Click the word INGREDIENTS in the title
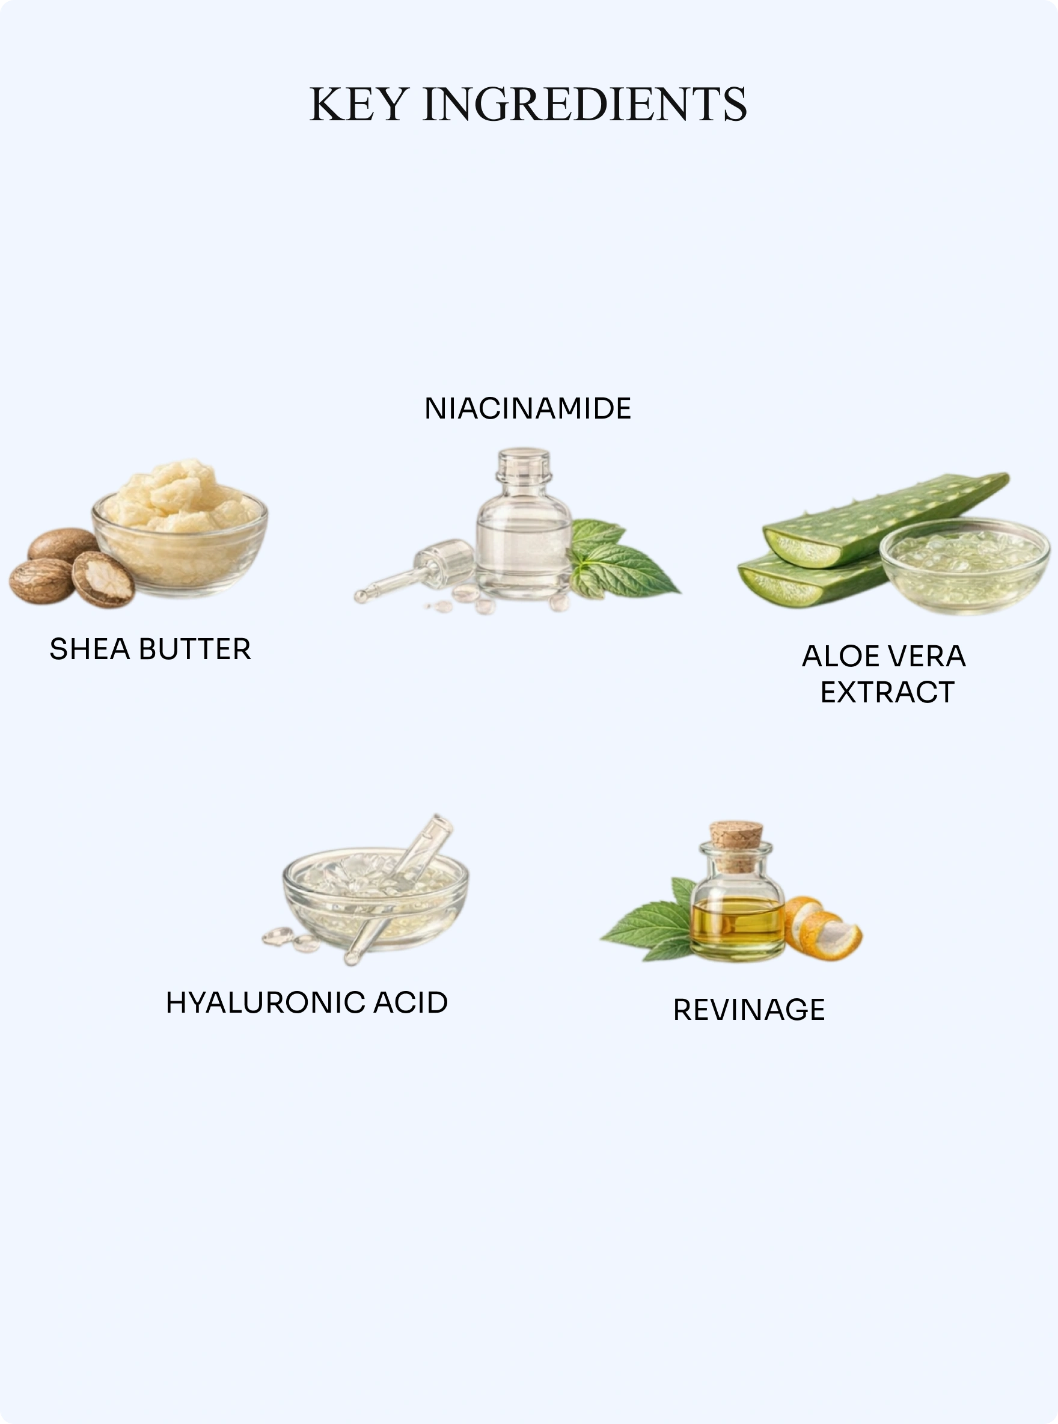[585, 104]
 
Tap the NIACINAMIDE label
[528, 409]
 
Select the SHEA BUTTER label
[150, 649]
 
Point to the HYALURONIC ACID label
[307, 1002]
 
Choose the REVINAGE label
[749, 1010]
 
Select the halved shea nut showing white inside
[102, 578]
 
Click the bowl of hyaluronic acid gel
[375, 898]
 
